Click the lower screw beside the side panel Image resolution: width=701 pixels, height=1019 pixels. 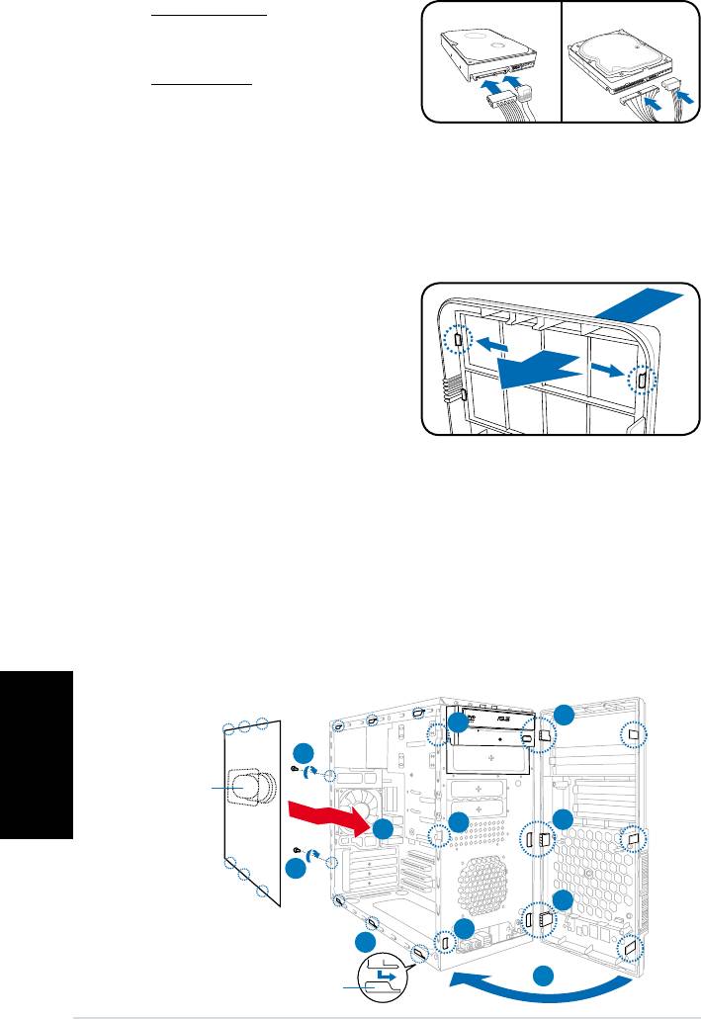tap(298, 850)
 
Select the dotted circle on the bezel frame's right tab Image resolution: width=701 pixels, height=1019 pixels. tap(640, 380)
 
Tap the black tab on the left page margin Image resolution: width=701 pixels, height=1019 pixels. tap(37, 755)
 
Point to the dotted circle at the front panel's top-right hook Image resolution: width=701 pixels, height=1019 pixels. tap(633, 734)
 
